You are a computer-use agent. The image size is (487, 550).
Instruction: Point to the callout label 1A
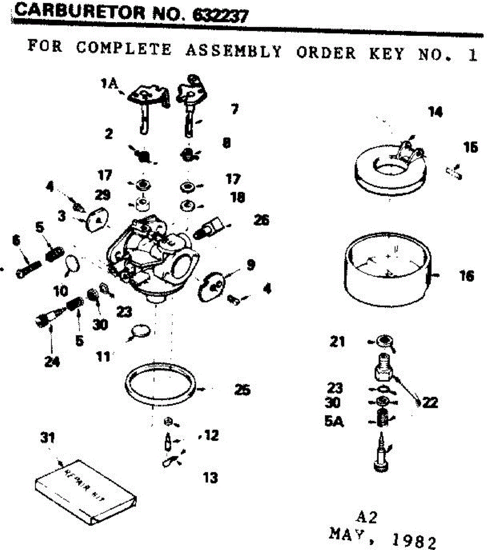pos(110,84)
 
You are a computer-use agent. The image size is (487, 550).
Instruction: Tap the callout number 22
pos(430,403)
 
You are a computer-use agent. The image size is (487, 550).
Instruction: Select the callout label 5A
pos(334,421)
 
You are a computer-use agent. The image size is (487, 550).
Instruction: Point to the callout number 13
pos(210,478)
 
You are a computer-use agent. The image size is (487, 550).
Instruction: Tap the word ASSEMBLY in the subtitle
pos(233,51)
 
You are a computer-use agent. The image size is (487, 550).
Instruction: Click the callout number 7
pos(234,110)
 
